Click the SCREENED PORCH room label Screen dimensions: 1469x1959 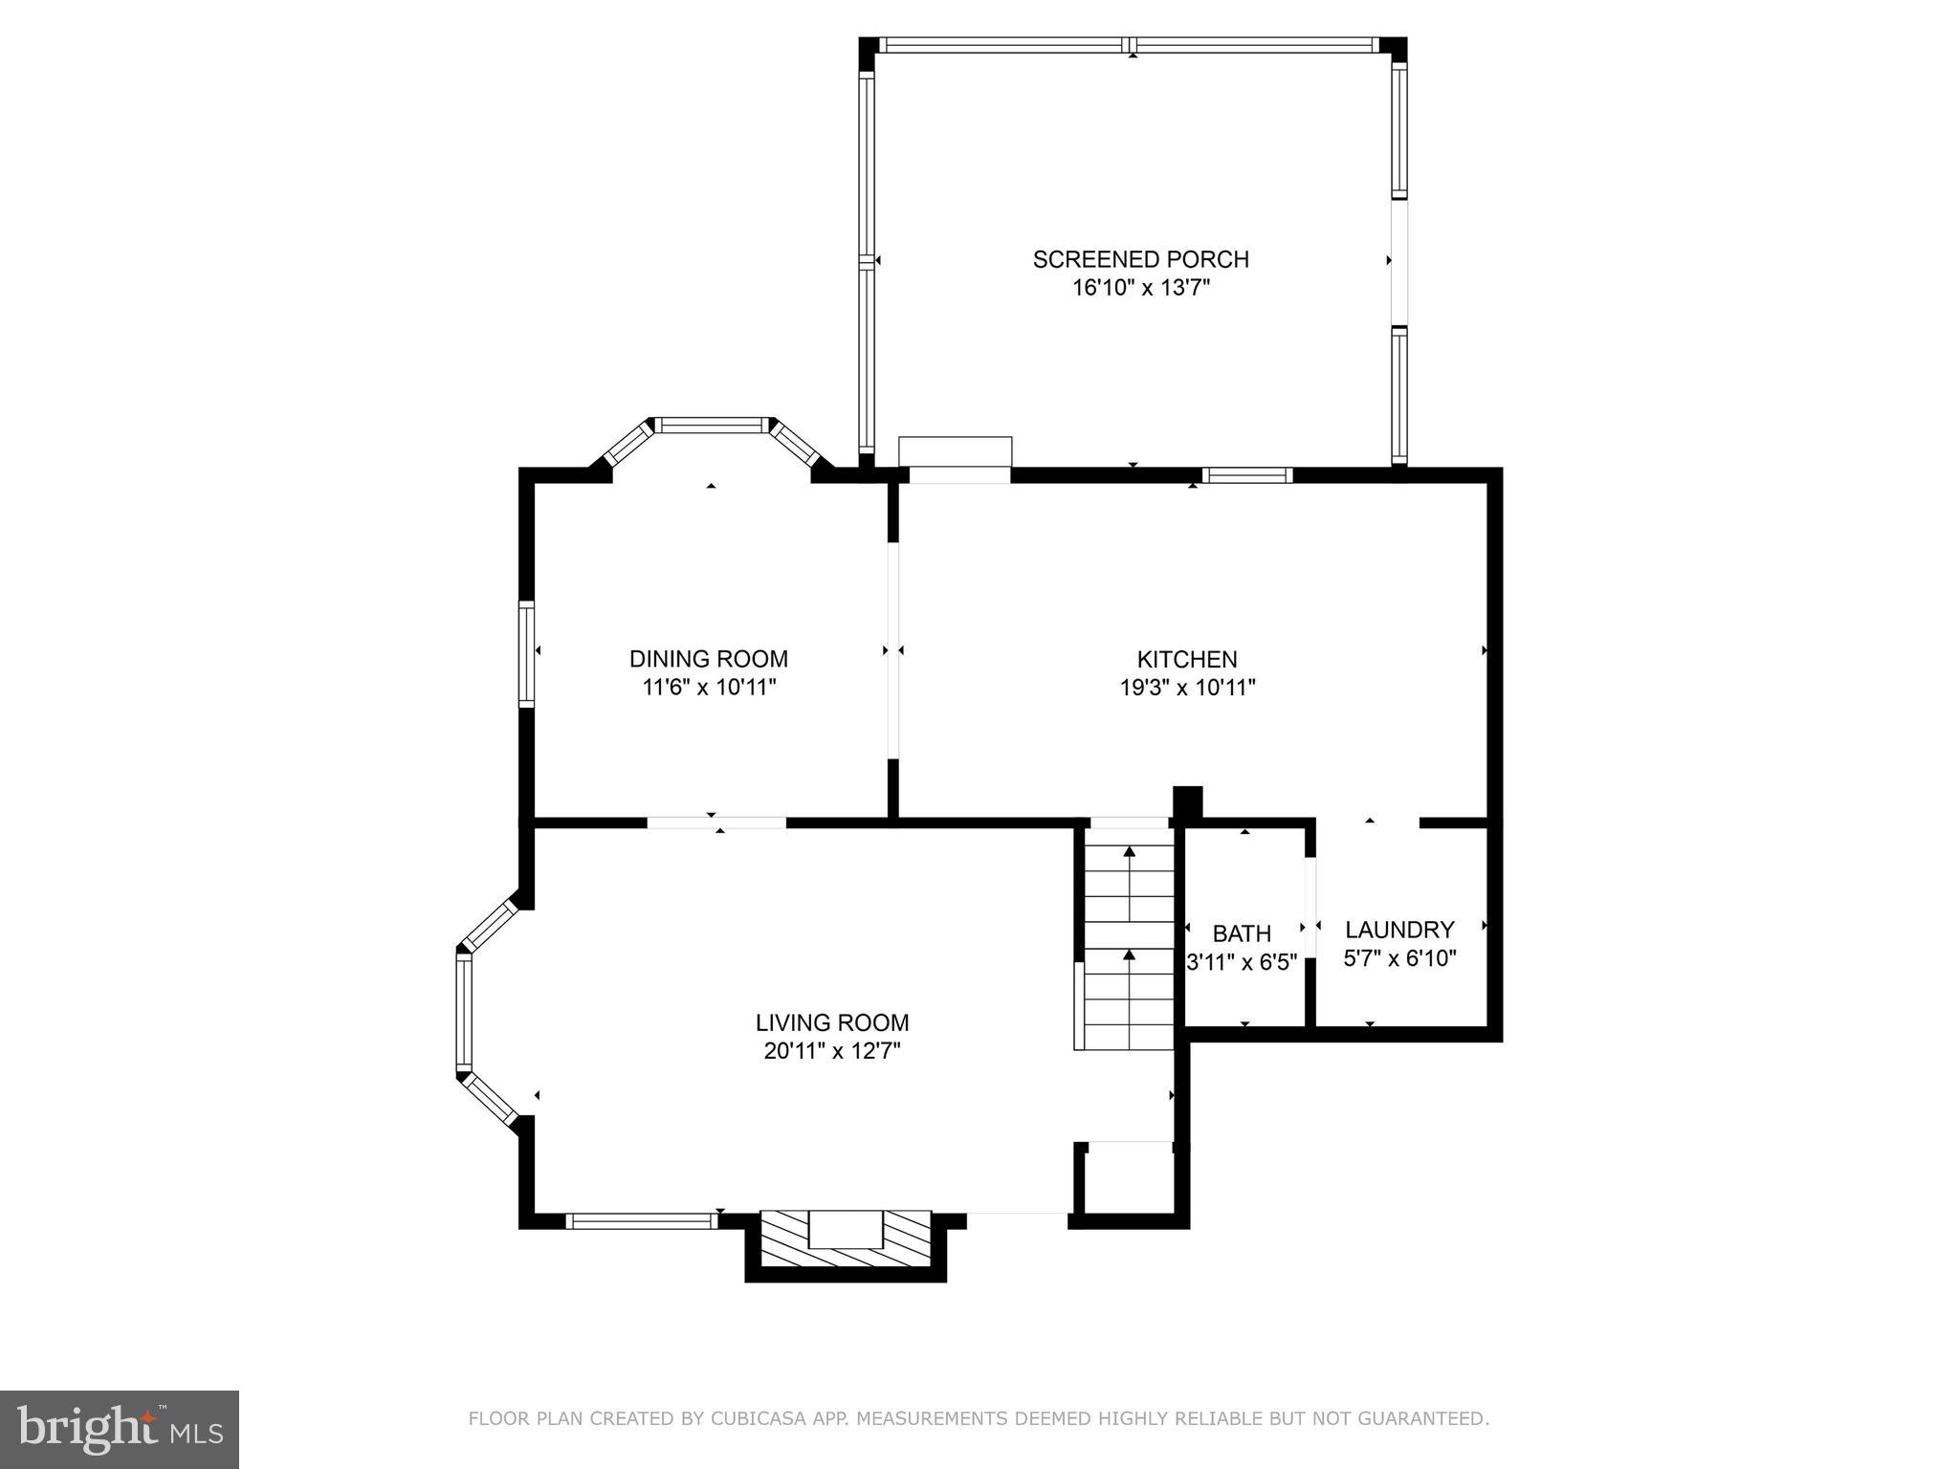pyautogui.click(x=1140, y=259)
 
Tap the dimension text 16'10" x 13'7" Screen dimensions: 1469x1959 pyautogui.click(x=1140, y=288)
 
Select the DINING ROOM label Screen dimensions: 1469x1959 pyautogui.click(x=708, y=659)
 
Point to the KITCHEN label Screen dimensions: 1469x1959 pyautogui.click(x=1186, y=659)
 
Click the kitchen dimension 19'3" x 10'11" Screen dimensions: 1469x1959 pyautogui.click(x=1186, y=688)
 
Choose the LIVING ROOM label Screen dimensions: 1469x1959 pyautogui.click(x=831, y=1022)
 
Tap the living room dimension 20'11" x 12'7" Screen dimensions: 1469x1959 pyautogui.click(x=831, y=1051)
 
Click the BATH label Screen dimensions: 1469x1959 pyautogui.click(x=1242, y=933)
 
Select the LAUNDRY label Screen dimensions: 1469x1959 pyautogui.click(x=1398, y=930)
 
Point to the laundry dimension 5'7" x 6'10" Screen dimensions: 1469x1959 pyautogui.click(x=1398, y=958)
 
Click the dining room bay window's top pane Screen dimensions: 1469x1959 pyautogui.click(x=712, y=425)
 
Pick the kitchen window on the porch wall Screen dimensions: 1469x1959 pyautogui.click(x=1246, y=474)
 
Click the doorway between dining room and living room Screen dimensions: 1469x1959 pyautogui.click(x=716, y=822)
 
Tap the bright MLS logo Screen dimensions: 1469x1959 pyautogui.click(x=120, y=1429)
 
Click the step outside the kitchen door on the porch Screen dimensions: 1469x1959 pyautogui.click(x=955, y=450)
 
